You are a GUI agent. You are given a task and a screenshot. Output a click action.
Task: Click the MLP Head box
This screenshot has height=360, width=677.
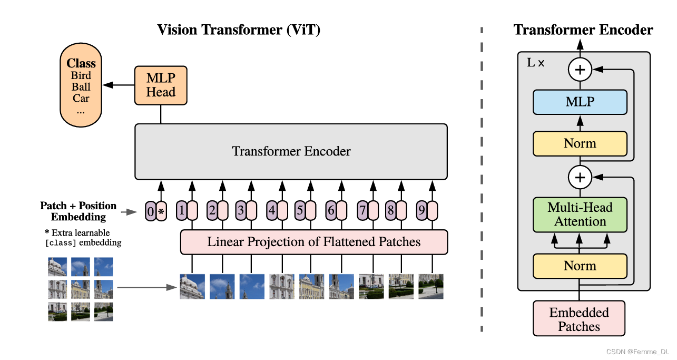161,85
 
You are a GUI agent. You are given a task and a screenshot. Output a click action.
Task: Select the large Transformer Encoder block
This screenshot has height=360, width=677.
291,151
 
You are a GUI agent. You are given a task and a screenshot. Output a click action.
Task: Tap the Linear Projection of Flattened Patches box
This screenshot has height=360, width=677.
314,242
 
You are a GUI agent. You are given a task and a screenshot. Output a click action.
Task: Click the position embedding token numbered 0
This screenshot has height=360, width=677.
150,211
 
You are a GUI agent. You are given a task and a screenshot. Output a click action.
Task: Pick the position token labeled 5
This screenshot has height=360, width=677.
300,211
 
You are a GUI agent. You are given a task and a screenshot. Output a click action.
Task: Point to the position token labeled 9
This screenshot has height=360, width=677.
422,211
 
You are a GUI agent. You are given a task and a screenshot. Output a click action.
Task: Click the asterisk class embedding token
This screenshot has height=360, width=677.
162,211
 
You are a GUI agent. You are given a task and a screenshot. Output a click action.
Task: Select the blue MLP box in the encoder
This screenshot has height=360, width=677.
580,102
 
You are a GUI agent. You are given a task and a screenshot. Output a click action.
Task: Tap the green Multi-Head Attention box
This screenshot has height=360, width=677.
580,215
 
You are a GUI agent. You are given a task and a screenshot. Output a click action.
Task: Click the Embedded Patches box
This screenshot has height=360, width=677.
579,319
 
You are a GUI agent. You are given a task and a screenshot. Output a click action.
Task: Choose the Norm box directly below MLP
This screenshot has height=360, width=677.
580,143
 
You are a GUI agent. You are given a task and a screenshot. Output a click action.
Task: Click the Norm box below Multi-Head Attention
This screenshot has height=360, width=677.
580,266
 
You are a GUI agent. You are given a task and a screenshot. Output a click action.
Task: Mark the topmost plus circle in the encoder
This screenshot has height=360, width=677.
580,69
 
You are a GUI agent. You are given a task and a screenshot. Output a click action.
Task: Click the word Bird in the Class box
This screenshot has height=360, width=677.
81,75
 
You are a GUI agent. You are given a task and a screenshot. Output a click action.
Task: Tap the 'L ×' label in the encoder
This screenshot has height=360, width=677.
536,63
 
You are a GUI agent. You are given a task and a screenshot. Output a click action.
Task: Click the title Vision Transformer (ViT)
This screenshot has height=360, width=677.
239,30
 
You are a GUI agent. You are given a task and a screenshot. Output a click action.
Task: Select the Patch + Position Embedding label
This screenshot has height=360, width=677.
79,211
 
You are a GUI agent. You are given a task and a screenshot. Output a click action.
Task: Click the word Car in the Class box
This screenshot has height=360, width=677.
81,99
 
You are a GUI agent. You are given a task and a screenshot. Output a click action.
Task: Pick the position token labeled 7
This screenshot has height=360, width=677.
362,211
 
